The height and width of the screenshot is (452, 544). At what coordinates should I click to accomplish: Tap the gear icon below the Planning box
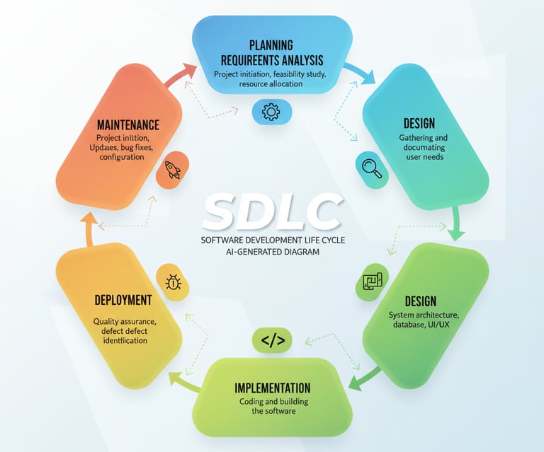tap(272, 111)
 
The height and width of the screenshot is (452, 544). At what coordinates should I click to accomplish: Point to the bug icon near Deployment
tap(173, 282)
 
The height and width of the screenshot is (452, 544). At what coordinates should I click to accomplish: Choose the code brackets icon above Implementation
tap(273, 341)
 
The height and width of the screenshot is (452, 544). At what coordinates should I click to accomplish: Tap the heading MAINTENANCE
tap(129, 124)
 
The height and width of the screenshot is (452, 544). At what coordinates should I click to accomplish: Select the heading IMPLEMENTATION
tap(272, 388)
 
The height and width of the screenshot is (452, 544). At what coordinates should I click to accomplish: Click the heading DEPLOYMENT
tap(123, 300)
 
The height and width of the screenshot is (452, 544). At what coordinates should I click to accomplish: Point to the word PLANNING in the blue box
tap(272, 45)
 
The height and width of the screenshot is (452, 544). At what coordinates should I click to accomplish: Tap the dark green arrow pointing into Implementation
tap(365, 379)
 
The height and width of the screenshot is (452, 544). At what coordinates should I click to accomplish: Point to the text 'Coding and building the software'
tap(272, 407)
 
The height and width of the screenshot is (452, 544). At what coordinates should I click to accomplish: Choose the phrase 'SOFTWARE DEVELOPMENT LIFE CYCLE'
tap(272, 240)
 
